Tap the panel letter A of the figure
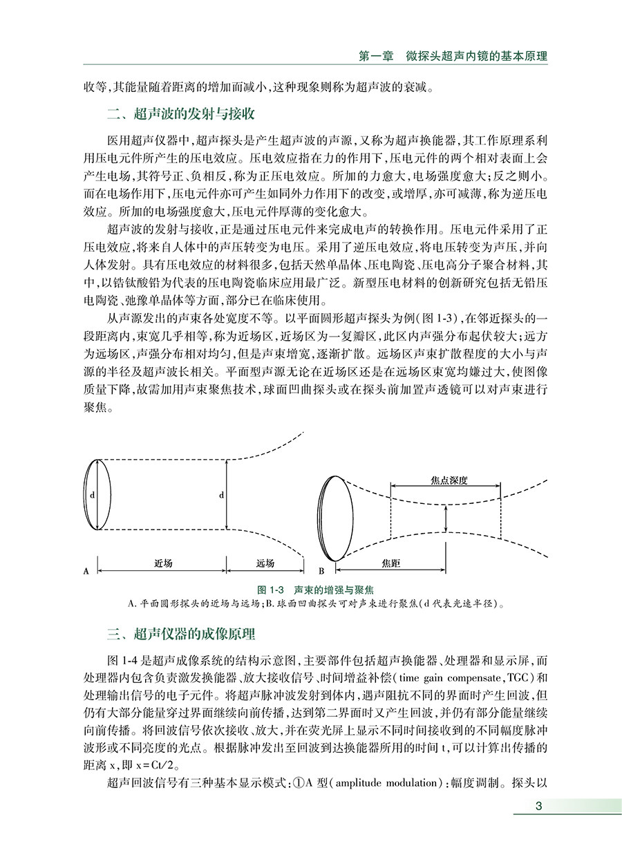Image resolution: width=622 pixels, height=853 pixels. [86, 572]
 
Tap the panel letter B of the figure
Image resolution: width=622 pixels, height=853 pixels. [322, 572]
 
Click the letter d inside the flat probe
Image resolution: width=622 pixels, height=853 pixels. [91, 496]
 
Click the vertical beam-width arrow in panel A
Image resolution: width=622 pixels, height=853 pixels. [227, 495]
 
